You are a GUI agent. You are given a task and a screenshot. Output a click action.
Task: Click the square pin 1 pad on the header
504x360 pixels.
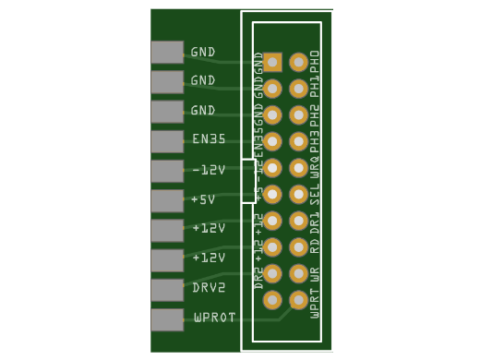272,63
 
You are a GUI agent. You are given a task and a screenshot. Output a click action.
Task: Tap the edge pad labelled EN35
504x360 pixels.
167,141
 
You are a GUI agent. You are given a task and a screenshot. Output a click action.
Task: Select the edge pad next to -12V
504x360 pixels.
167,171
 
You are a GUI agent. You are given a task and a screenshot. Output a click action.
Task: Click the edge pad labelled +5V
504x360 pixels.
167,200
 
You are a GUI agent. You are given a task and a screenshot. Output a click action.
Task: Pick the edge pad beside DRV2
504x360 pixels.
167,290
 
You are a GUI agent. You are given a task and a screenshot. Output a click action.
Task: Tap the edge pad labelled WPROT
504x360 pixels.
167,319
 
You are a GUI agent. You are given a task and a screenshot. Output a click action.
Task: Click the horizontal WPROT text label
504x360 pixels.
214,318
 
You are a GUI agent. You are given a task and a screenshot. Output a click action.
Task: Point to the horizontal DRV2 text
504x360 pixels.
209,288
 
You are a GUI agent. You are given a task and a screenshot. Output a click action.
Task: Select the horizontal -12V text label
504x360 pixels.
209,170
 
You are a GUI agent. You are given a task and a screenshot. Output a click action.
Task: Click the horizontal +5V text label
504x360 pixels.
203,199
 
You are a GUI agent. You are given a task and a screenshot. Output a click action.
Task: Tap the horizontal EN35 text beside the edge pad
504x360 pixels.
209,140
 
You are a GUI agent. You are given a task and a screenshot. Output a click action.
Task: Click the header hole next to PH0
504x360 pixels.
298,63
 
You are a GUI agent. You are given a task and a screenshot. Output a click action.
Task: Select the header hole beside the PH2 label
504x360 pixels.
298,115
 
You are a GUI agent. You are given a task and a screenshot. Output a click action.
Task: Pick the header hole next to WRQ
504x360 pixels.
298,168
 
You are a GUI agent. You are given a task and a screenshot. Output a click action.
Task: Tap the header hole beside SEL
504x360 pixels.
298,195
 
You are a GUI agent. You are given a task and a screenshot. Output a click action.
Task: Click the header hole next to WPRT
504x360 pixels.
298,300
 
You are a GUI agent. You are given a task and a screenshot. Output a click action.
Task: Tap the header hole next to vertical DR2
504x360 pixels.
272,273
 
